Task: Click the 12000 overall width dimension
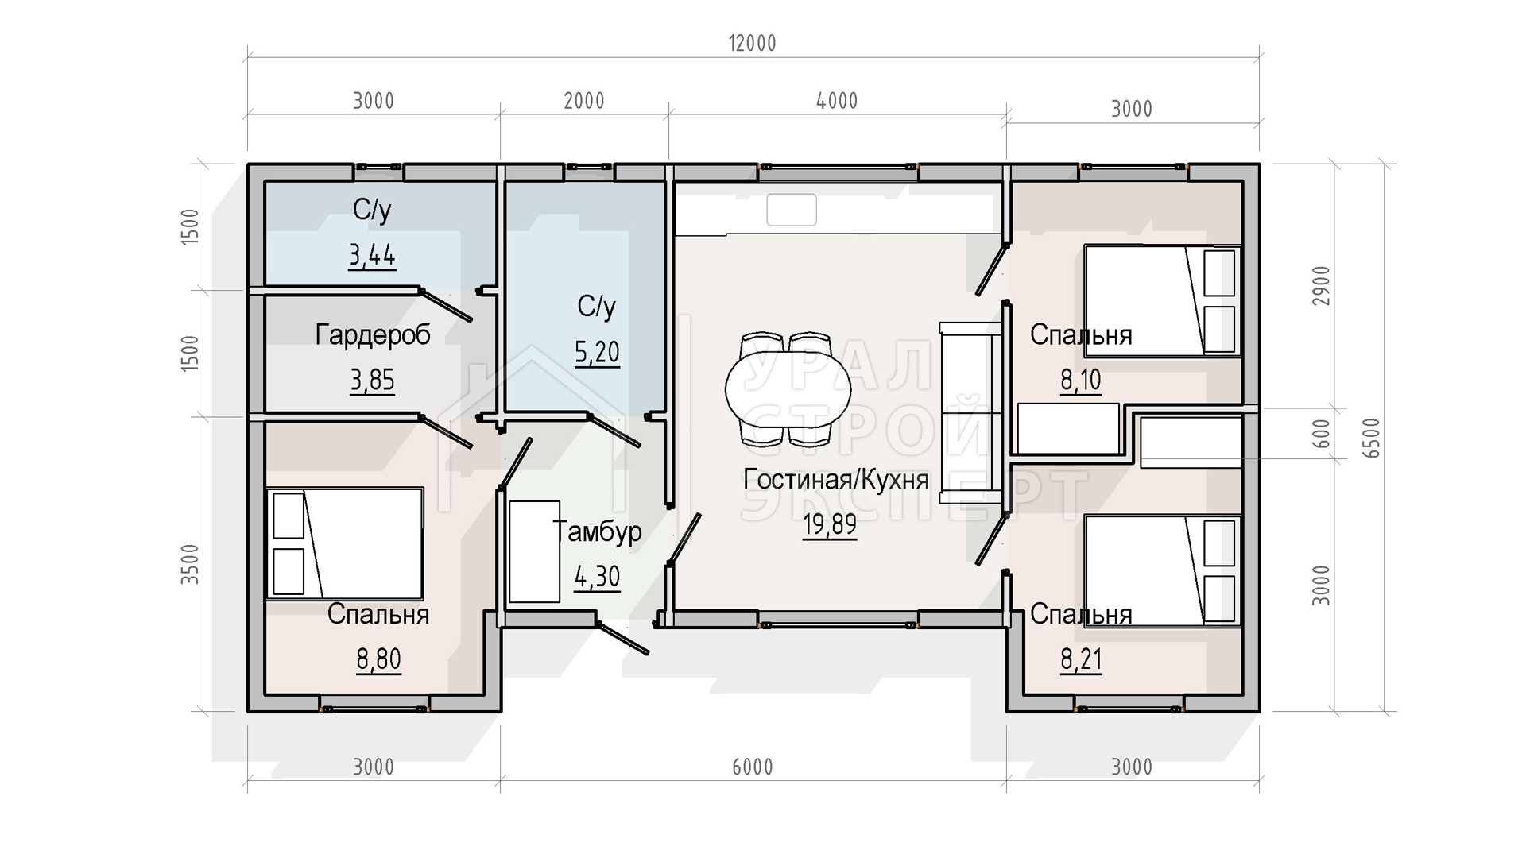click(752, 43)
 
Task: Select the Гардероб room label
click(373, 334)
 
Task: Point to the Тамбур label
click(597, 531)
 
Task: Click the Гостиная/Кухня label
click(836, 480)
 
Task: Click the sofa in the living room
click(970, 412)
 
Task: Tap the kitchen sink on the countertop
click(792, 210)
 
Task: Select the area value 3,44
click(372, 256)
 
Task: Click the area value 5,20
click(597, 352)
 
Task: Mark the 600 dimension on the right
click(1321, 434)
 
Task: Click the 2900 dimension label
click(1321, 287)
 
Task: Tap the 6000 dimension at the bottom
click(752, 767)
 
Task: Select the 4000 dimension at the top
click(837, 101)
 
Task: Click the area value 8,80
click(378, 659)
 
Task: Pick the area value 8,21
click(1081, 659)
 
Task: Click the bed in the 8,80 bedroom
click(344, 543)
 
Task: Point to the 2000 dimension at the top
click(584, 101)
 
